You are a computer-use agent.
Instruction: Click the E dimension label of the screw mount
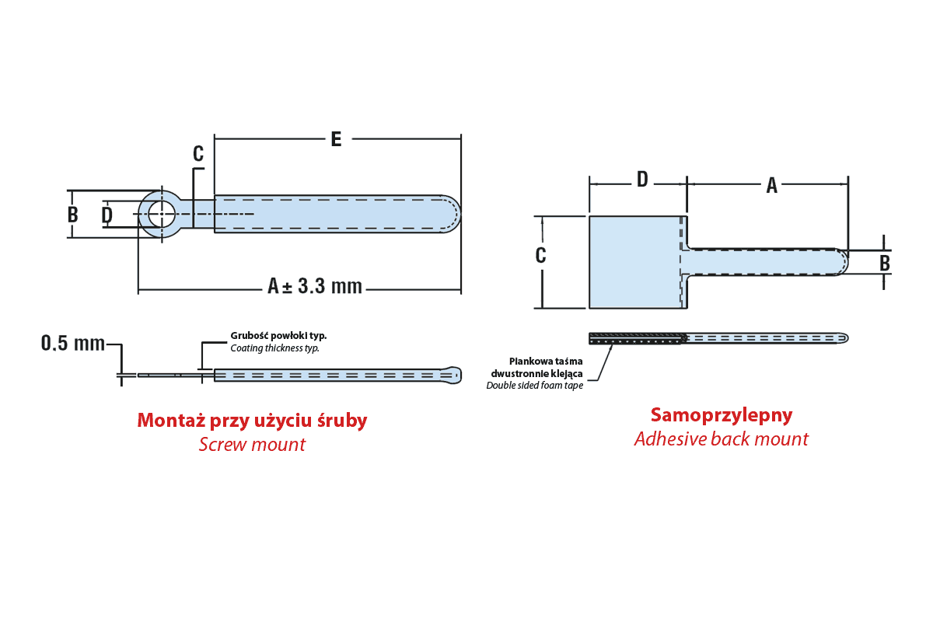336,139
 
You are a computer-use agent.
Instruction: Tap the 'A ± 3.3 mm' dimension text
315,286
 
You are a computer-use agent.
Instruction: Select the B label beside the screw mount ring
73,215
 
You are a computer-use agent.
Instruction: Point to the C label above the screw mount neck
198,154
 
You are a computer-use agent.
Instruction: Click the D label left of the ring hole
107,215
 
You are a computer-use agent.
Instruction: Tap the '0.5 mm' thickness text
72,343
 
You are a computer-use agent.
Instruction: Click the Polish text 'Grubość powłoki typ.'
278,336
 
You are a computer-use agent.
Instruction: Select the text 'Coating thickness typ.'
274,348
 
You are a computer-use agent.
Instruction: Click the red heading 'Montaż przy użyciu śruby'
252,421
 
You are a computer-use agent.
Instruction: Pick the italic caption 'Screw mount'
252,445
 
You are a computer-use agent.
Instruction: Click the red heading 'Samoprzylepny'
722,415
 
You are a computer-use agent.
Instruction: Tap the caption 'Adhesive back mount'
722,439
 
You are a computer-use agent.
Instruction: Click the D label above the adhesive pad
642,180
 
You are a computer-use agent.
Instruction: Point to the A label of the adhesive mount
771,185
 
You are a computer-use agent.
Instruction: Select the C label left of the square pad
541,255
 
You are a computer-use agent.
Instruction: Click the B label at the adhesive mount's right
885,263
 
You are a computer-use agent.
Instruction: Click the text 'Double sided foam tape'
535,386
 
